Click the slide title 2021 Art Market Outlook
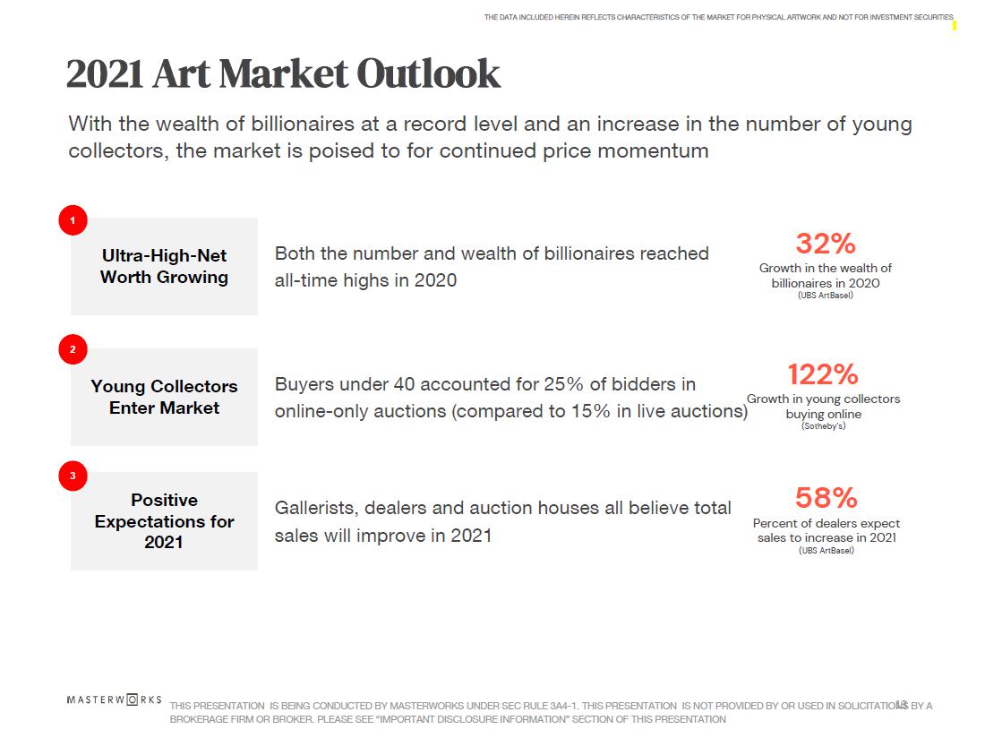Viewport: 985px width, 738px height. (283, 73)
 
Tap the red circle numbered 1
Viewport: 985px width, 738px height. (73, 220)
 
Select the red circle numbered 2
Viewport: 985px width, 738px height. (73, 349)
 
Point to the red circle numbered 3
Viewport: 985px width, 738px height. (73, 476)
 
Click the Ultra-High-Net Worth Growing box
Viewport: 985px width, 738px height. (164, 266)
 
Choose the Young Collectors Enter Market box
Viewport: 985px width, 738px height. (164, 397)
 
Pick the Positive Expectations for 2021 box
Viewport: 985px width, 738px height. (164, 520)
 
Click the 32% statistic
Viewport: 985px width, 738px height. (826, 244)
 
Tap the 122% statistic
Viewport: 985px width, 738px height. (823, 373)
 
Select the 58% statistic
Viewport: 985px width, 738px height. (826, 497)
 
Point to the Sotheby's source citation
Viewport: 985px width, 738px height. (823, 426)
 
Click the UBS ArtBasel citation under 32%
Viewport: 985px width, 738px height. (825, 296)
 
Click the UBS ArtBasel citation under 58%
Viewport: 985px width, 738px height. (826, 551)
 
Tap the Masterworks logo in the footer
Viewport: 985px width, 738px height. (114, 699)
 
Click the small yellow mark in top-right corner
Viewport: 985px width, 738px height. (954, 25)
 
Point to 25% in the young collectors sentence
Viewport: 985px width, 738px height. (562, 385)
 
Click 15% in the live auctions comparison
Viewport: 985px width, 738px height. (558, 412)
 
